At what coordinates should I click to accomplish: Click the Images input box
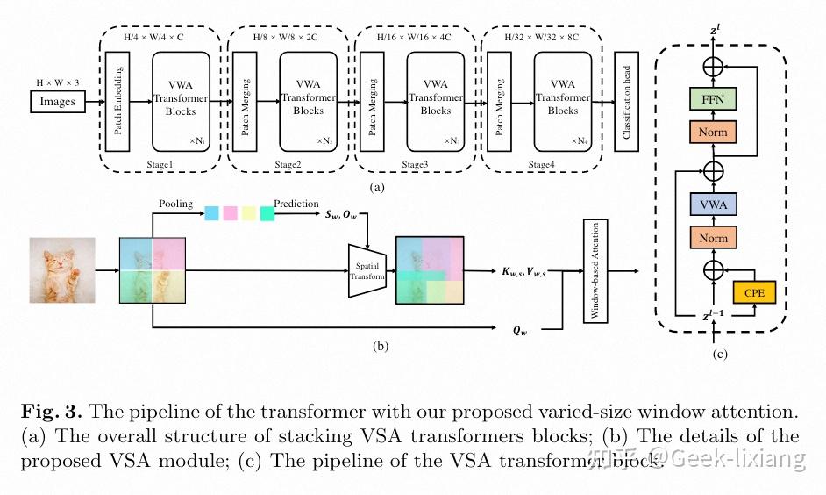click(x=58, y=102)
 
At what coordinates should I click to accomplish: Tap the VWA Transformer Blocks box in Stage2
click(x=308, y=101)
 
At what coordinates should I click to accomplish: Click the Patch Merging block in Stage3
click(x=372, y=102)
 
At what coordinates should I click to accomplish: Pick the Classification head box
click(x=626, y=102)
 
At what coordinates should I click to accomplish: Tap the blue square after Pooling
click(x=211, y=213)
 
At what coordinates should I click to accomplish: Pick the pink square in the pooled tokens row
click(x=231, y=213)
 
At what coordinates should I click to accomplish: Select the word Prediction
click(x=296, y=204)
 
